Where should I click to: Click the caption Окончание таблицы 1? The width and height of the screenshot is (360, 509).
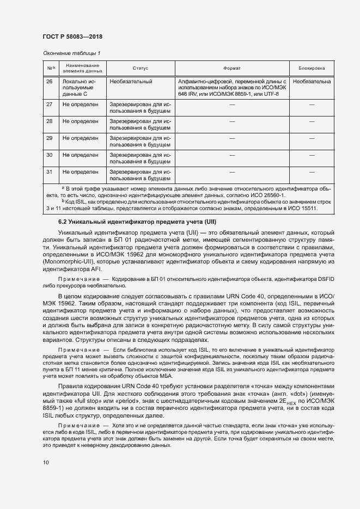(71, 53)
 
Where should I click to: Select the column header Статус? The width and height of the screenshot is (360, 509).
(140, 69)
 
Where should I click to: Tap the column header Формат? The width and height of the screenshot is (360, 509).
(232, 69)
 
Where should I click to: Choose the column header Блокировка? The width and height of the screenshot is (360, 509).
(312, 69)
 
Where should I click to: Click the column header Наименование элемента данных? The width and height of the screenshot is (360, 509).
(82, 69)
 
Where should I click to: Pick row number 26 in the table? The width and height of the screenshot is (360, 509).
(50, 82)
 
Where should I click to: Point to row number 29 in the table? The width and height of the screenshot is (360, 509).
(50, 138)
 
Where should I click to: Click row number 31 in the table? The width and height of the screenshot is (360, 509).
(50, 172)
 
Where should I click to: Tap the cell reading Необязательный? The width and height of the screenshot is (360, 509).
(131, 82)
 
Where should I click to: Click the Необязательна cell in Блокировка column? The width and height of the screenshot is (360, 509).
(312, 82)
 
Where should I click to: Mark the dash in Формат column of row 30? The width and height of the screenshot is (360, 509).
(232, 155)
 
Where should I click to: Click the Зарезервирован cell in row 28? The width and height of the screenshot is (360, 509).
(140, 124)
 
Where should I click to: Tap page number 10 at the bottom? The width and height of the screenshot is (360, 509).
(46, 463)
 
